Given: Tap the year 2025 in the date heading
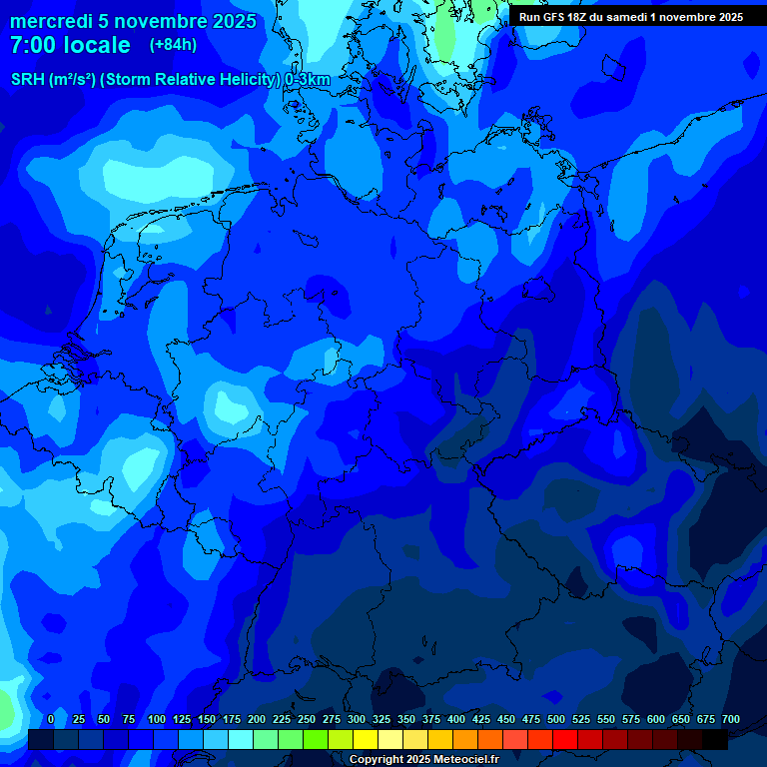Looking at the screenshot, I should tap(232, 21).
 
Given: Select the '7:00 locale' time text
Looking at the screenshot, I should tap(70, 45).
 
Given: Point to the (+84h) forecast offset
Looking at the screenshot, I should tap(173, 45).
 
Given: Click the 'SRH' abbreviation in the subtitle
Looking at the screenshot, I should tap(27, 79).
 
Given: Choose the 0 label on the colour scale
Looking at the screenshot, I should tap(51, 720).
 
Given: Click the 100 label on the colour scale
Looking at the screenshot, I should tap(157, 720).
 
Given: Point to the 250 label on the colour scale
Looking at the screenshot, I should tap(307, 720).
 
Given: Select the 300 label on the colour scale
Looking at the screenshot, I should tap(357, 720).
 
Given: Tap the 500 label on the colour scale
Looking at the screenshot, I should tap(556, 720).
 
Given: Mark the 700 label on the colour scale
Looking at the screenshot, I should tap(730, 720).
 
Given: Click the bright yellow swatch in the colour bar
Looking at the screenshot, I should tap(366, 740).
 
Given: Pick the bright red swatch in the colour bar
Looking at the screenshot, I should tap(565, 740).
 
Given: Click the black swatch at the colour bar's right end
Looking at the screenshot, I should tap(715, 740).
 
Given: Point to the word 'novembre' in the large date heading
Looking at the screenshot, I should tap(160, 21).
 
